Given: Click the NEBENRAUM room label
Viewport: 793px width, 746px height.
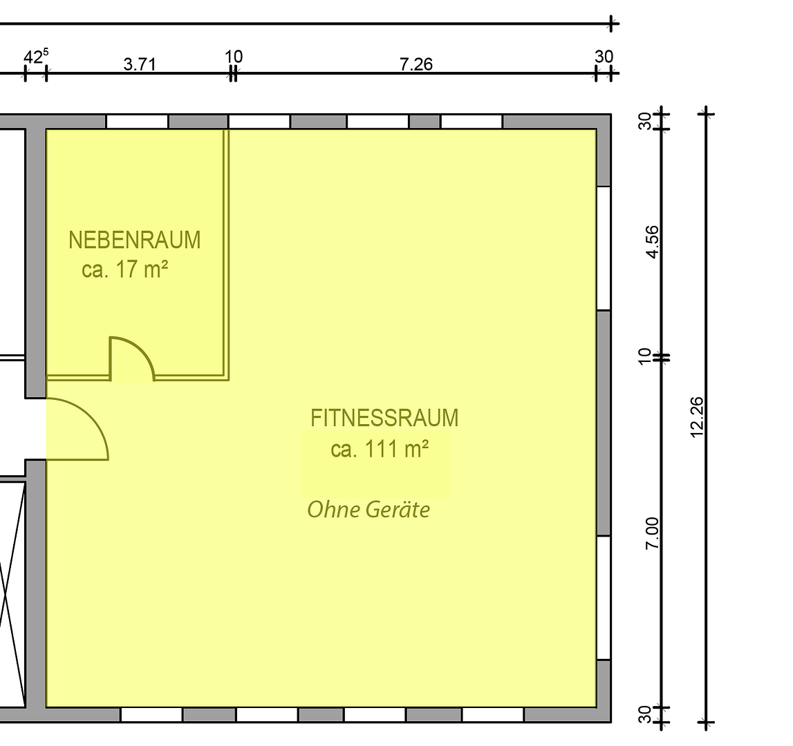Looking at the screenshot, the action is (135, 240).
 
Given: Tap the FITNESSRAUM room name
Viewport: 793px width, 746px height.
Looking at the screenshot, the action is (384, 419).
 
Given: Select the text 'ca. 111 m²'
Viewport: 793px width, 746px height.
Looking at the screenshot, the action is (380, 449).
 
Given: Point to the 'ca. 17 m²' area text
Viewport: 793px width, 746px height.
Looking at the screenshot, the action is (125, 269).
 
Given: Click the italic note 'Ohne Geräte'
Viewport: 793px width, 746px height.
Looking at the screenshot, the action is (368, 510).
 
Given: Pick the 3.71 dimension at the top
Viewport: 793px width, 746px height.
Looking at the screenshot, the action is (140, 65).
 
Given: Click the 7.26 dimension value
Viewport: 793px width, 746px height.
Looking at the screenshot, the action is (416, 65).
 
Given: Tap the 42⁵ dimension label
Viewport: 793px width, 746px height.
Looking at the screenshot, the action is (37, 57).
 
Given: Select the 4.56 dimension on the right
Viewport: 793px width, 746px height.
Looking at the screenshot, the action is (653, 242).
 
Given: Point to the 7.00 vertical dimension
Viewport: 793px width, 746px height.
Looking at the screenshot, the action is (653, 533).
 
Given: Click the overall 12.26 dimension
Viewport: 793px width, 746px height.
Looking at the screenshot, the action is (696, 417).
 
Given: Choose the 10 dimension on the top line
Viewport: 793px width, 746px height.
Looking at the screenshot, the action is (234, 56).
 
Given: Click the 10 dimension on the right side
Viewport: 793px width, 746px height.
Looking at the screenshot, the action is (645, 357).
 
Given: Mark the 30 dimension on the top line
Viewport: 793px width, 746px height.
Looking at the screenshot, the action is (604, 56).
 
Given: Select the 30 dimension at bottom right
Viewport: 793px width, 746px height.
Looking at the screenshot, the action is (645, 714).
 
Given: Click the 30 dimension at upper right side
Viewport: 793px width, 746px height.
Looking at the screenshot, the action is (645, 122).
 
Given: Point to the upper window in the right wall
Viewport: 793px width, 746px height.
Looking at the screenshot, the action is (604, 248).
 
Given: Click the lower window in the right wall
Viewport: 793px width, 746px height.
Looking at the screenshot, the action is (604, 598).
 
